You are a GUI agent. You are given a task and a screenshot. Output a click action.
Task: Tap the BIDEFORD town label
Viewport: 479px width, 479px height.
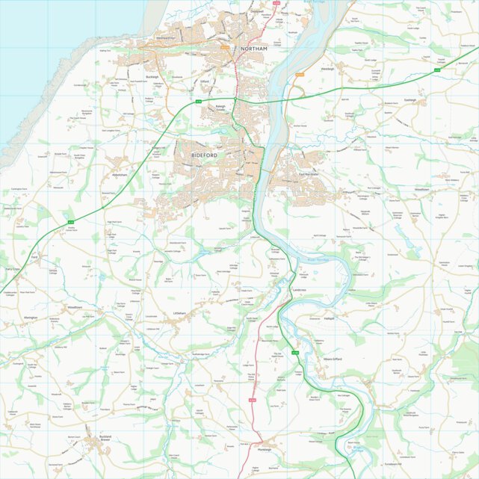[x=204, y=154]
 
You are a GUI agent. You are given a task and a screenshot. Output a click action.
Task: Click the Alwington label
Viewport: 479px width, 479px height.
[x=30, y=318]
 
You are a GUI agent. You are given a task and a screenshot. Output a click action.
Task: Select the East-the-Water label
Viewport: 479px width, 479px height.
[x=309, y=174]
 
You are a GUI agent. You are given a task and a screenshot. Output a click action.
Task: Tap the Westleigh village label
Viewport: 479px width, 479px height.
[x=327, y=68]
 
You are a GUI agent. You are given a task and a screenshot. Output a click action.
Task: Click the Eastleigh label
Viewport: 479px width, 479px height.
[x=410, y=99]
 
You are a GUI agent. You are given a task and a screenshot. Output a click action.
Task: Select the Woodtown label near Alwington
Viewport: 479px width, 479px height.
[x=75, y=307]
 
